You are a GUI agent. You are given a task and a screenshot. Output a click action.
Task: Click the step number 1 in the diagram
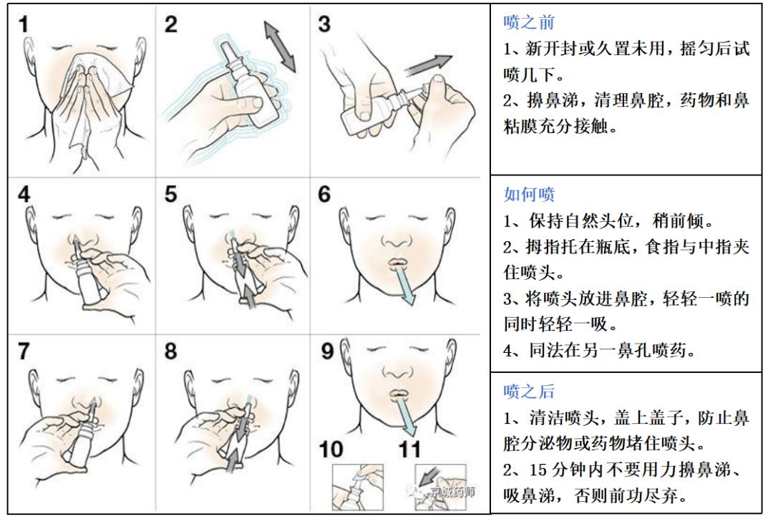tap(23, 24)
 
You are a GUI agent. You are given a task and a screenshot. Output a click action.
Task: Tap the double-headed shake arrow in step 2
tap(280, 47)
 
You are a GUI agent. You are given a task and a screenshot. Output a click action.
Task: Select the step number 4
tap(24, 194)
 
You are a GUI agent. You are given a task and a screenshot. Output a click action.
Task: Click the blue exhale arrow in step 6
tap(404, 284)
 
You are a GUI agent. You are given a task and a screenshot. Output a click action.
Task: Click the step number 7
tap(24, 351)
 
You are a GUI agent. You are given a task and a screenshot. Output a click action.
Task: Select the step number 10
tap(331, 450)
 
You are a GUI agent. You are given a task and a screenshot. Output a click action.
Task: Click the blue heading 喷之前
tap(529, 22)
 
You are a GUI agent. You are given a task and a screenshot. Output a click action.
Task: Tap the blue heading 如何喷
tap(529, 194)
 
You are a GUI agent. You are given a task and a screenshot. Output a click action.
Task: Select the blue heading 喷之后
tap(529, 392)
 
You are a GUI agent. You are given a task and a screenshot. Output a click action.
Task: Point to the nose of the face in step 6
tap(397, 240)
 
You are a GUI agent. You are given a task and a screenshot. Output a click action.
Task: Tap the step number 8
tap(170, 351)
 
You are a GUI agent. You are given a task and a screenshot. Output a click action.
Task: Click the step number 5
tap(170, 194)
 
